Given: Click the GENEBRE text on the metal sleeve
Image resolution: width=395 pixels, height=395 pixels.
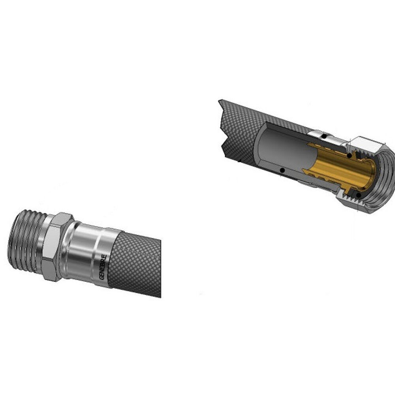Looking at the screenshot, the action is (x=103, y=267).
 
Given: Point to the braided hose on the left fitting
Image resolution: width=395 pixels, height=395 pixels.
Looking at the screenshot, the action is (x=135, y=265).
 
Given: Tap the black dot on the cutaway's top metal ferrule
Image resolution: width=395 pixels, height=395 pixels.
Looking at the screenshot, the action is (x=325, y=137).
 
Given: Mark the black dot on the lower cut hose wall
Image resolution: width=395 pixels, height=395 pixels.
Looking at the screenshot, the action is (x=283, y=171).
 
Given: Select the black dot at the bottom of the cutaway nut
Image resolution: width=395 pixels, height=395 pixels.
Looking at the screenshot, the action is (x=359, y=195).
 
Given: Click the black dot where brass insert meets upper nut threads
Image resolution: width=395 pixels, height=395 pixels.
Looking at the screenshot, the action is (x=349, y=155).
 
